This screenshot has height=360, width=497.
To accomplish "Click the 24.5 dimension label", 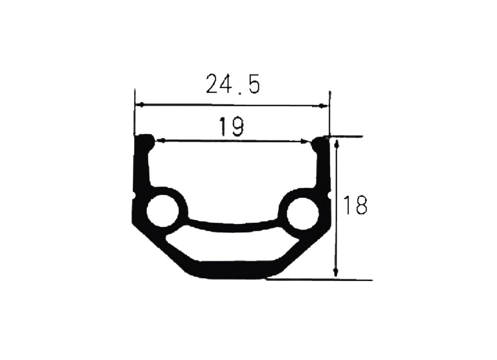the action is click(x=233, y=84).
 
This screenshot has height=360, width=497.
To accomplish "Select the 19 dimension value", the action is click(x=232, y=126).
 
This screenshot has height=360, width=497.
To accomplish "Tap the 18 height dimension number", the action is click(x=355, y=205).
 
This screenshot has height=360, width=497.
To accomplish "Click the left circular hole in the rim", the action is click(x=163, y=211).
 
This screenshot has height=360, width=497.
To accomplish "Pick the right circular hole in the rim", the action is click(x=303, y=214).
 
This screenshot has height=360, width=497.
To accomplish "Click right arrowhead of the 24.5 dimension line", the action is click(x=323, y=106).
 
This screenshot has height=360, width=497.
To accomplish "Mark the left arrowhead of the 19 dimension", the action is click(x=160, y=140).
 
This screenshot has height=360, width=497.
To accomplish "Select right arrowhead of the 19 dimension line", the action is click(x=304, y=141).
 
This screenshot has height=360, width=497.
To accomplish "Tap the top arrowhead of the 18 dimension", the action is click(x=337, y=144).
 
